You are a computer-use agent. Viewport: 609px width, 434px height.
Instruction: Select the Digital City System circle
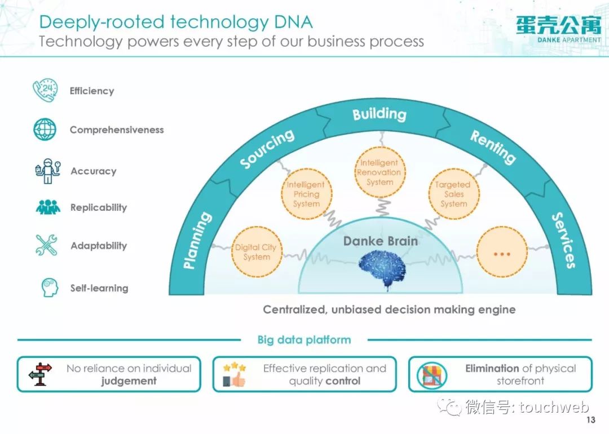(257, 251)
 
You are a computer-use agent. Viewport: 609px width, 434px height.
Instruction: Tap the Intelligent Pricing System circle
(306, 194)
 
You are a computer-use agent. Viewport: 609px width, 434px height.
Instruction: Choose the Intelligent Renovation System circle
(380, 172)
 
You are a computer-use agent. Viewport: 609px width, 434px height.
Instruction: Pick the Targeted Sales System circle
(453, 194)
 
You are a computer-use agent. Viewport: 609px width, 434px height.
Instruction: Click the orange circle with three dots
(502, 251)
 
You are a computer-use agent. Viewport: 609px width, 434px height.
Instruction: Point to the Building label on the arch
(379, 114)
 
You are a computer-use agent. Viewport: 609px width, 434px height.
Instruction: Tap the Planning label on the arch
(197, 240)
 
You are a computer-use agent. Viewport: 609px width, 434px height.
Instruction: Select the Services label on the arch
(563, 240)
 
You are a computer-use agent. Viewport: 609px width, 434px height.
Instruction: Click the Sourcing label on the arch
(267, 148)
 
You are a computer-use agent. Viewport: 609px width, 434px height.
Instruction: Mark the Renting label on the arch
(493, 147)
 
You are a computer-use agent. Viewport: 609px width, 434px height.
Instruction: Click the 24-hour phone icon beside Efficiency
(46, 90)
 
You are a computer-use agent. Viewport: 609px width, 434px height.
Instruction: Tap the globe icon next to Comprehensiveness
(45, 129)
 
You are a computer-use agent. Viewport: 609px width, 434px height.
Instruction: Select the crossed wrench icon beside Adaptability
(46, 245)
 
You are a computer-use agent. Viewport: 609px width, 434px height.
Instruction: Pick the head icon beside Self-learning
(50, 287)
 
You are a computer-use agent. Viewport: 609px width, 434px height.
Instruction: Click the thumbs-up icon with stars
(234, 374)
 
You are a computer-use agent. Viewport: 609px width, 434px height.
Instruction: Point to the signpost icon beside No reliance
(40, 374)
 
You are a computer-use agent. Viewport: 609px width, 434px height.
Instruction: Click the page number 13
(591, 420)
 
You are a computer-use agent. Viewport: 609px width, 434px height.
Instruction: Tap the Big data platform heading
(304, 340)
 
